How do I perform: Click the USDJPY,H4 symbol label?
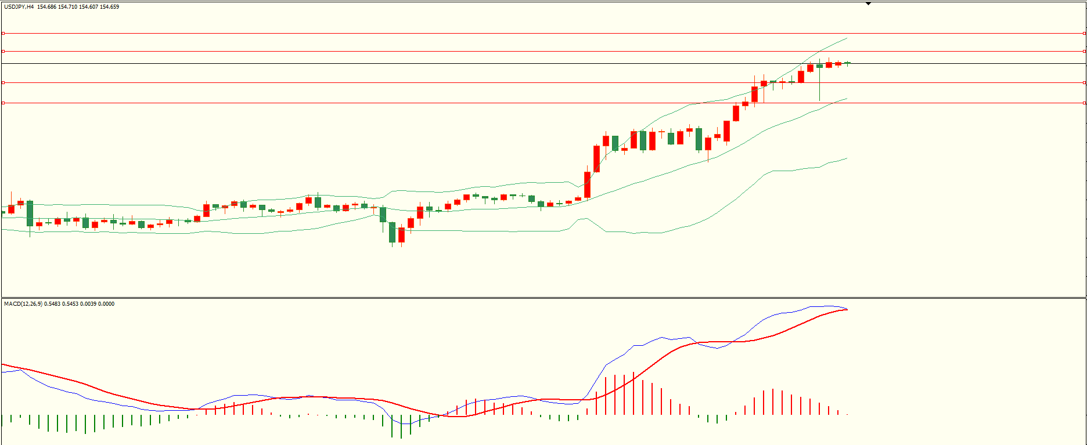click(x=19, y=7)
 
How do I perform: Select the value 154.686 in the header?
click(x=46, y=7)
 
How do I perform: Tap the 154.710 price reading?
click(x=67, y=7)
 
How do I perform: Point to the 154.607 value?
click(x=88, y=7)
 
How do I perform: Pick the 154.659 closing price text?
click(x=109, y=7)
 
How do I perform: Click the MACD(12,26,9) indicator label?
click(x=23, y=304)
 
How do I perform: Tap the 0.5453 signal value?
click(x=70, y=304)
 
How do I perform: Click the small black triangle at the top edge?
click(x=869, y=3)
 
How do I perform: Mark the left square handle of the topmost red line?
click(x=3, y=33)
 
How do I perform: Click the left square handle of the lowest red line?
click(x=3, y=103)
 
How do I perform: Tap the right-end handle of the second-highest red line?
click(x=1084, y=51)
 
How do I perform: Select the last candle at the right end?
click(x=847, y=63)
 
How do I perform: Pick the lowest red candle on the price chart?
click(x=401, y=234)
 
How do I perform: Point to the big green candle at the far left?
click(x=30, y=213)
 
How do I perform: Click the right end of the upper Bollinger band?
click(x=847, y=38)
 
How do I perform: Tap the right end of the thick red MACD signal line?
click(x=847, y=309)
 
